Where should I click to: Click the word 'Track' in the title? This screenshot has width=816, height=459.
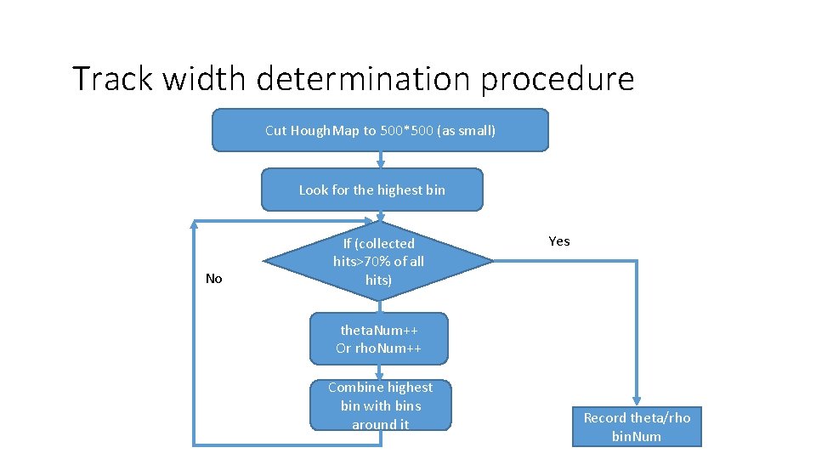coord(114,78)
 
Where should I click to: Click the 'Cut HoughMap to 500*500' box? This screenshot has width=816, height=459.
coord(380,130)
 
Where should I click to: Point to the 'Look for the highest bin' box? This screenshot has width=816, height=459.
coord(371,190)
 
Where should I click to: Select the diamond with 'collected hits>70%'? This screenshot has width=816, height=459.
coord(378,261)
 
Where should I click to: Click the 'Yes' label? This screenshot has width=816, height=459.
coord(559,241)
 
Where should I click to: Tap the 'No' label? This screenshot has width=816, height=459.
coord(214,279)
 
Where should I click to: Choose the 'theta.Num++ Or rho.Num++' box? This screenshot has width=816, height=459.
coord(378,338)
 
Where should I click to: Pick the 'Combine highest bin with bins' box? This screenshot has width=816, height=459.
coord(380,405)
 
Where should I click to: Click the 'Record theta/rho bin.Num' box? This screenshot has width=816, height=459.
coord(637,427)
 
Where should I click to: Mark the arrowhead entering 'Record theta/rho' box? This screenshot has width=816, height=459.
coord(637,401)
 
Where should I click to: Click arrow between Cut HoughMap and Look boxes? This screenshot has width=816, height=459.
coord(381,160)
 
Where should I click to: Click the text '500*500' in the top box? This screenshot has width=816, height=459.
coord(406,130)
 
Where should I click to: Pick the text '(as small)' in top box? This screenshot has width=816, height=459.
coord(466,130)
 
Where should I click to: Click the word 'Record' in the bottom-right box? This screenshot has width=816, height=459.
coord(605,417)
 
